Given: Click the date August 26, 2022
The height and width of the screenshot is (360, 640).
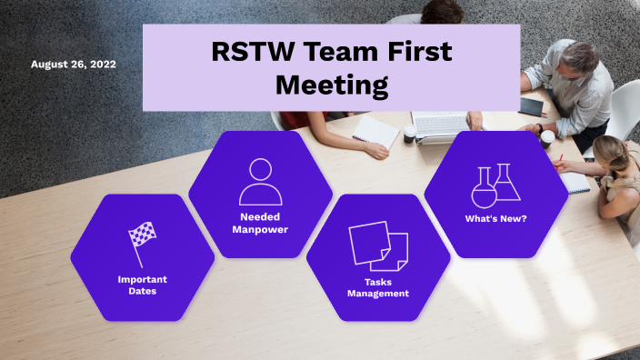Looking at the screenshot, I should click(73, 65).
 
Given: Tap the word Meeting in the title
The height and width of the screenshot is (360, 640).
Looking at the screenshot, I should click(331, 86).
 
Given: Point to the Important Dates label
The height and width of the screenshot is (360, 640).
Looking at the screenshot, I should click(142, 285).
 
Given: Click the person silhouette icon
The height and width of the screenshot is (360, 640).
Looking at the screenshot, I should click(260, 182).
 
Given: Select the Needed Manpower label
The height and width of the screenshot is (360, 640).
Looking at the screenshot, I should click(260, 223).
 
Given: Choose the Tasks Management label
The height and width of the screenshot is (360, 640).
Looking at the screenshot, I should click(378, 287).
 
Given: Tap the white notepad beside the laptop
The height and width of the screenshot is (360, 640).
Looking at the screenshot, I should click(376, 131).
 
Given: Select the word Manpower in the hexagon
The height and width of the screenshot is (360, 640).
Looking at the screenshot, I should click(260, 229).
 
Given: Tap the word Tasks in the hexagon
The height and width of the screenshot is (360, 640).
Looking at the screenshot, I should click(378, 281).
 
